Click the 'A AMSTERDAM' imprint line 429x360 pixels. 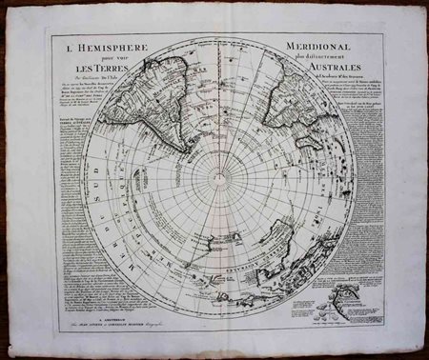(215, 323)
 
